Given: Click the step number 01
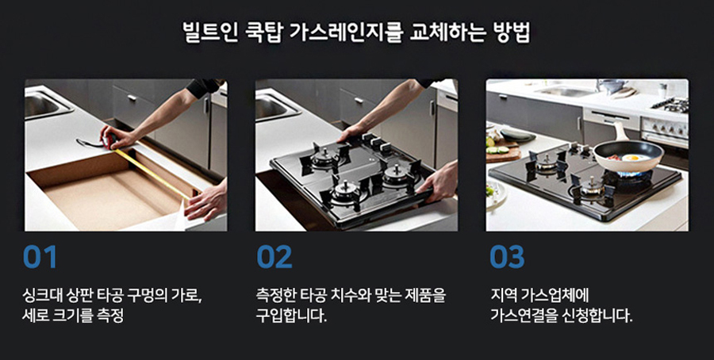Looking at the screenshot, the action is tap(40, 257).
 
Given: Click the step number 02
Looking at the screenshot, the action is tap(274, 257).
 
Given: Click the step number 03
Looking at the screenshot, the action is tap(507, 257).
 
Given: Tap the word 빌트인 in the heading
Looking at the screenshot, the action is tap(210, 33).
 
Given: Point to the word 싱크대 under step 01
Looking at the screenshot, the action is tap(43, 296).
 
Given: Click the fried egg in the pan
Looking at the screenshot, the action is tap(636, 158).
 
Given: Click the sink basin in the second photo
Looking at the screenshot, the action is tap(273, 105).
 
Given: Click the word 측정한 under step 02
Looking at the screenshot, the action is tap(275, 296).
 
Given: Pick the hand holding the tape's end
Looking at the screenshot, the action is tap(205, 201).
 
